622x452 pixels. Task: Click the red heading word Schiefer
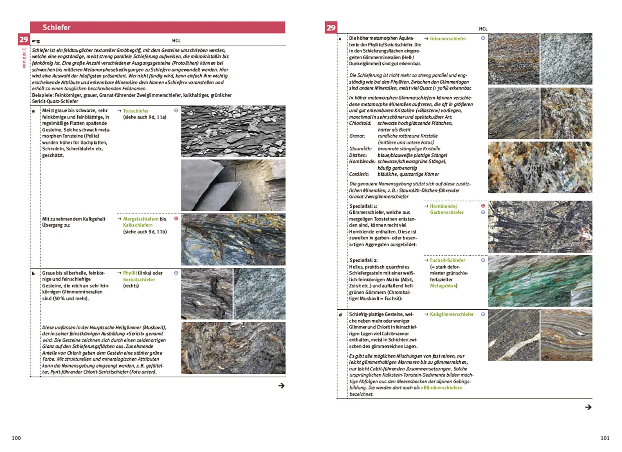[56, 28]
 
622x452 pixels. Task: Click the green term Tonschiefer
[135, 111]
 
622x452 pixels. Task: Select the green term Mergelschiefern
[140, 219]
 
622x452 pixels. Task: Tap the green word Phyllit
[130, 273]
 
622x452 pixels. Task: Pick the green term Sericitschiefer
[139, 280]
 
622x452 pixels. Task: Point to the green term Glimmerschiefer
[448, 39]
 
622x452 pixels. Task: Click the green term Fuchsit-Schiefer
[447, 260]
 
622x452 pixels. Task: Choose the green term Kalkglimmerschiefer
[451, 314]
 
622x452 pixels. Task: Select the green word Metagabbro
[443, 286]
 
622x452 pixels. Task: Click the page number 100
[16, 438]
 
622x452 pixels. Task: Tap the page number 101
[605, 438]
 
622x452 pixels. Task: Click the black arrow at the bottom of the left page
[281, 386]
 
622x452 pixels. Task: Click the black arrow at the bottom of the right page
[588, 407]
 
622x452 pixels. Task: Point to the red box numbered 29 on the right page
[331, 28]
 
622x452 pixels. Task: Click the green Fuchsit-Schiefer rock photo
[540, 281]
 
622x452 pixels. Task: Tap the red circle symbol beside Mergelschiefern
[176, 218]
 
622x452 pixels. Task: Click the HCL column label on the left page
[176, 41]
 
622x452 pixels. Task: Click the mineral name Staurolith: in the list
[360, 149]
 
